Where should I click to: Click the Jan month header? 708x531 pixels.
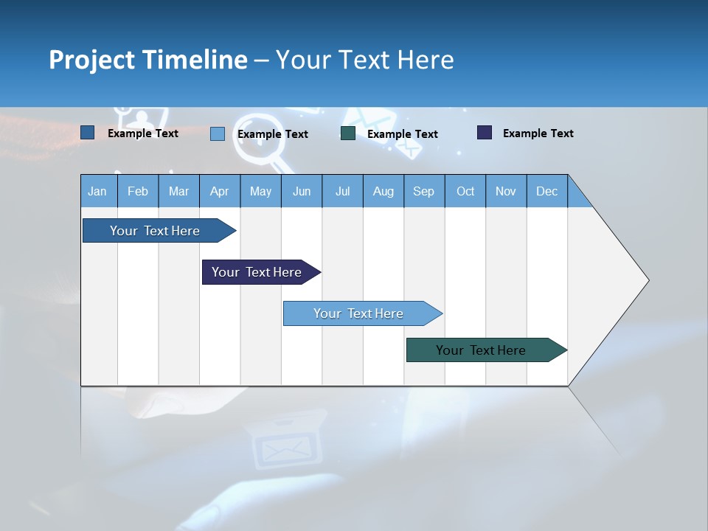pyautogui.click(x=98, y=191)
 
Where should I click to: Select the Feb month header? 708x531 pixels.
pyautogui.click(x=138, y=191)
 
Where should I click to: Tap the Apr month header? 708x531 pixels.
pyautogui.click(x=219, y=191)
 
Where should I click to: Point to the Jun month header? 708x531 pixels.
pyautogui.click(x=302, y=191)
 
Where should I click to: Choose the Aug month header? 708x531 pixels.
pyautogui.click(x=383, y=191)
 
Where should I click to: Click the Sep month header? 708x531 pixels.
pyautogui.click(x=424, y=191)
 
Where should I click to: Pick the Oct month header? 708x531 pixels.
pyautogui.click(x=465, y=191)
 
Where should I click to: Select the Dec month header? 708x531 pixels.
pyautogui.click(x=547, y=191)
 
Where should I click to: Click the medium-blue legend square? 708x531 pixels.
pyautogui.click(x=88, y=133)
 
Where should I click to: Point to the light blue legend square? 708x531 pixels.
pyautogui.click(x=218, y=133)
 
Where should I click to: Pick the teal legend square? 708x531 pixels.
pyautogui.click(x=348, y=133)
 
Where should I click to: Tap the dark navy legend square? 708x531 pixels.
pyautogui.click(x=485, y=133)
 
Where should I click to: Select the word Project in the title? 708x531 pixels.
pyautogui.click(x=91, y=60)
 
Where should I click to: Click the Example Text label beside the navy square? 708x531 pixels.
pyautogui.click(x=538, y=133)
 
